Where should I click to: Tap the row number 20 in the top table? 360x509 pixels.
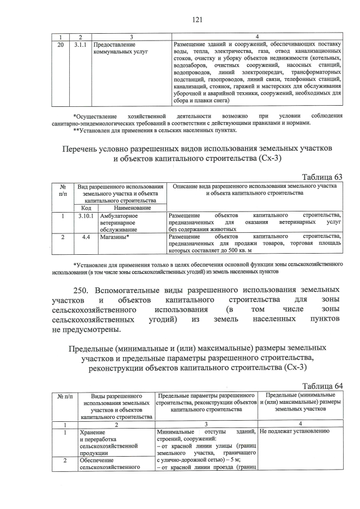tap(61, 44)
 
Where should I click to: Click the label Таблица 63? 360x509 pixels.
tap(322, 177)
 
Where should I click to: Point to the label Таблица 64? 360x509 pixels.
tap(322, 385)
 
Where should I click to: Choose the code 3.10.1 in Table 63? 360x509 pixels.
tap(86, 215)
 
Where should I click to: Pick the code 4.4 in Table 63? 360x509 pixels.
tap(86, 237)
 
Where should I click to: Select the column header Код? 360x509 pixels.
tap(86, 208)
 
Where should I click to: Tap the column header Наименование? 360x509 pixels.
tap(132, 208)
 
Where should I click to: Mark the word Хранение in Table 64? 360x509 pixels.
tap(93, 432)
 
